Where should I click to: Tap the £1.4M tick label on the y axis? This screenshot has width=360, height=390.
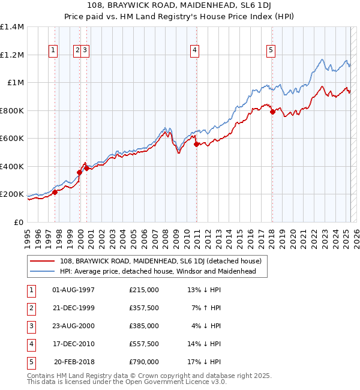tap(12, 27)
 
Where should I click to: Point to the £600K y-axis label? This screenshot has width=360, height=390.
tap(12, 139)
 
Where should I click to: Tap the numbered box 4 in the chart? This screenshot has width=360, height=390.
tap(196, 51)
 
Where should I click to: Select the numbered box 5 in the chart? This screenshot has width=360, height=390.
tap(272, 51)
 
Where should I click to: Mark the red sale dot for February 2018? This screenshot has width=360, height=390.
tap(272, 112)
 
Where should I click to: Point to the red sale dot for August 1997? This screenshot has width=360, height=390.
tap(55, 192)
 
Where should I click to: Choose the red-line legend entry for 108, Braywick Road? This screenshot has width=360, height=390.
tap(160, 261)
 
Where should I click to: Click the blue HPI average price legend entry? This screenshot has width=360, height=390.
tap(158, 271)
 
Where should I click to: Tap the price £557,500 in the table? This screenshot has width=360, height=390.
tap(144, 344)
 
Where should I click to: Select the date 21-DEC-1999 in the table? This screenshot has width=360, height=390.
tap(74, 308)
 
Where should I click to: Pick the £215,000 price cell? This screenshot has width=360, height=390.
tap(144, 290)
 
